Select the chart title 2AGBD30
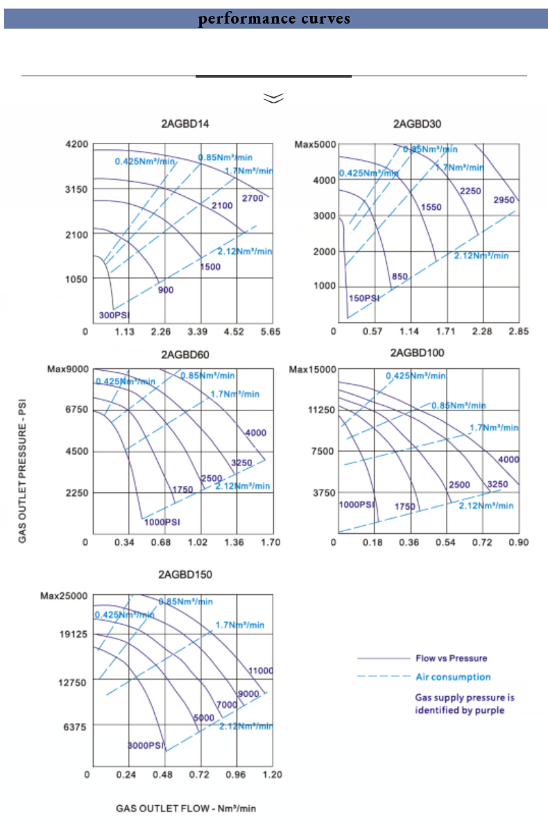(417, 125)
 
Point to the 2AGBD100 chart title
(417, 353)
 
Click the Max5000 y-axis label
(316, 145)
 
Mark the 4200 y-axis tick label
(76, 145)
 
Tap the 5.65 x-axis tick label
(270, 331)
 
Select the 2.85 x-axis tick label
(517, 331)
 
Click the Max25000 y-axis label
(64, 596)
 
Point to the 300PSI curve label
(113, 316)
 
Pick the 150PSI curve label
(363, 298)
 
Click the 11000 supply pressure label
(261, 671)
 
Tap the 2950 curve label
(504, 200)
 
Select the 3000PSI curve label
(146, 746)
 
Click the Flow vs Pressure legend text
(451, 658)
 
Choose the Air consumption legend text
(453, 677)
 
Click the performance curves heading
(274, 19)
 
